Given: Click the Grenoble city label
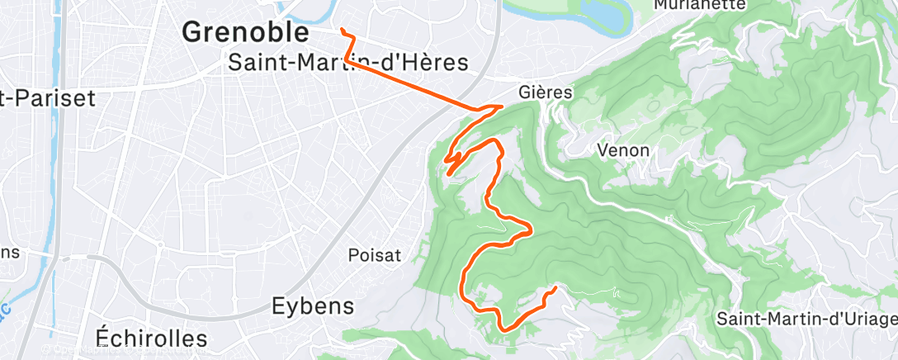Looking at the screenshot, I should [245, 32].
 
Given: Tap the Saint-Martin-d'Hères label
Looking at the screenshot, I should [347, 63].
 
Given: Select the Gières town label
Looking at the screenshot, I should [546, 92].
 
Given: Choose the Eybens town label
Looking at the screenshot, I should [313, 306].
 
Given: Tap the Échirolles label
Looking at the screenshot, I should [151, 337].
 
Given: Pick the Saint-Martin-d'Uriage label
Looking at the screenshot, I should [806, 318].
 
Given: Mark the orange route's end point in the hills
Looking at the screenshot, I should [554, 287].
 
